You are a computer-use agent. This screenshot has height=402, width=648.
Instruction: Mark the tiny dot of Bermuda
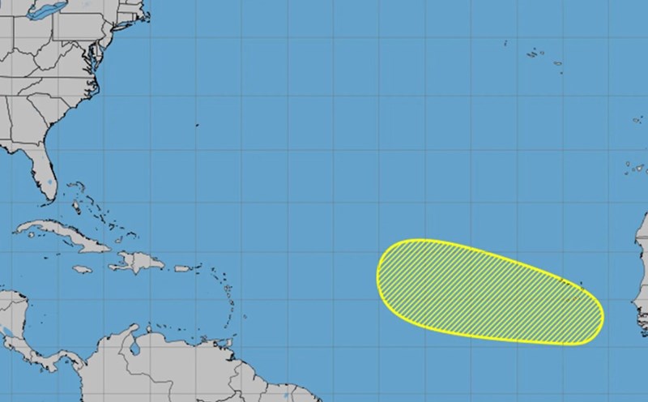pos(197,126)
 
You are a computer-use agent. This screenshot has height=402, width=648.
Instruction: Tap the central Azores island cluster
pos(535,53)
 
